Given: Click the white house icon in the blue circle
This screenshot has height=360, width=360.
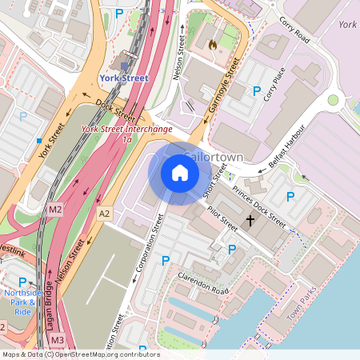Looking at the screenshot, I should pyautogui.click(x=180, y=172).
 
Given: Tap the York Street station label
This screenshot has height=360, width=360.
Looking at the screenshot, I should pyautogui.click(x=124, y=78).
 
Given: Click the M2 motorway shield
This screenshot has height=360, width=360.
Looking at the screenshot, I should pyautogui.click(x=54, y=210).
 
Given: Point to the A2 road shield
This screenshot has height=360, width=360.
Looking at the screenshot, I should pyautogui.click(x=104, y=214).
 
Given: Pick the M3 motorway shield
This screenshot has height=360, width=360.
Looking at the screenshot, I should pyautogui.click(x=57, y=341).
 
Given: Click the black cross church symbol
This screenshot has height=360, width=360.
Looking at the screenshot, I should pyautogui.click(x=250, y=220).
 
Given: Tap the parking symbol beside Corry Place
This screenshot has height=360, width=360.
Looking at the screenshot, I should pyautogui.click(x=257, y=92).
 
